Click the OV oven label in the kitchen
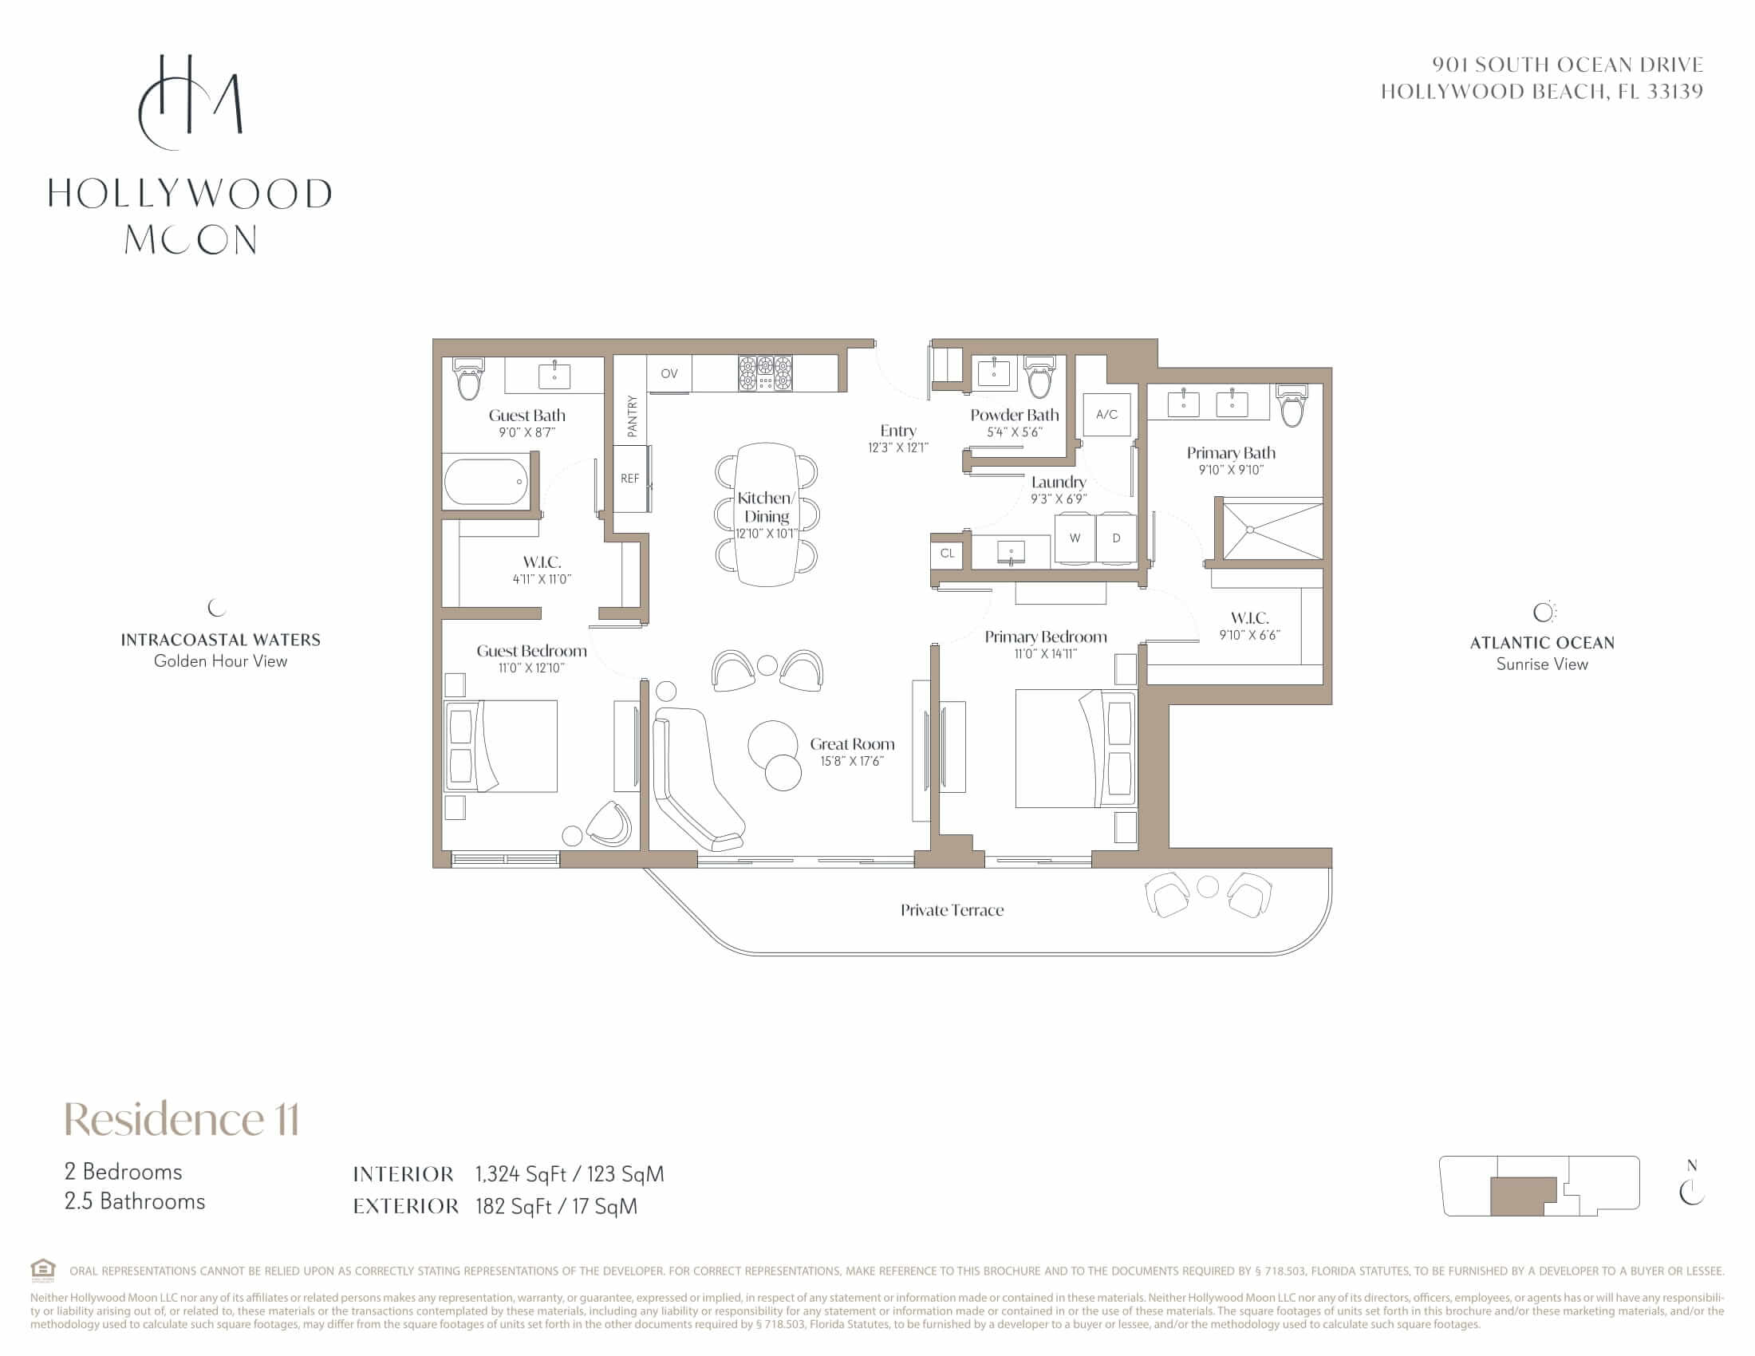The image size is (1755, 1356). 668,373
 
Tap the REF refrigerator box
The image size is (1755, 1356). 631,478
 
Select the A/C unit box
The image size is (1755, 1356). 1106,415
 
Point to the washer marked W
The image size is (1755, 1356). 1075,538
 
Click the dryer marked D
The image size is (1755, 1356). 1116,538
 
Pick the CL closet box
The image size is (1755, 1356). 948,554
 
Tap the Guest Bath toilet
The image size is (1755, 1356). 468,379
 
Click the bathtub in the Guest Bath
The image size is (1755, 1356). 485,481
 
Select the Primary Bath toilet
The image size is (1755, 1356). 1292,406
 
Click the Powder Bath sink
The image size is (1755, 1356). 994,373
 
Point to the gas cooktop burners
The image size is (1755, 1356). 765,373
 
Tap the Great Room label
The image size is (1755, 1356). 852,744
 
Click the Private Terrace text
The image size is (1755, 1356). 952,910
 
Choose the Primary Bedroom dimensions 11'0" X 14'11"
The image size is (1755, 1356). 1046,654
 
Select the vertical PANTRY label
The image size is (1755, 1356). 632,416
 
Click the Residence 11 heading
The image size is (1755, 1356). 182,1119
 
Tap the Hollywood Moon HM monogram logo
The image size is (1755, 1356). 191,102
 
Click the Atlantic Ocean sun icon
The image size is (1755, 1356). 1544,612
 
